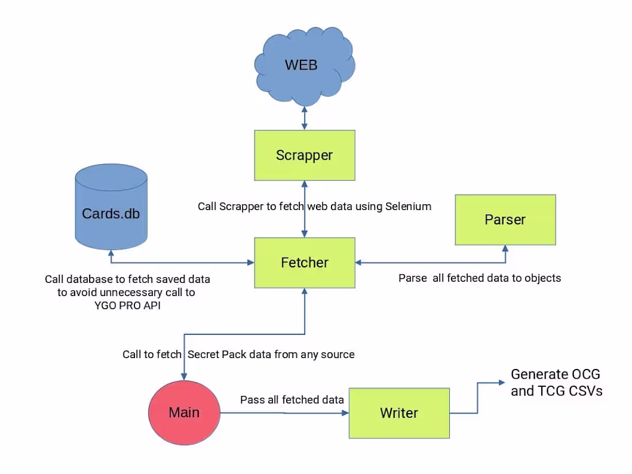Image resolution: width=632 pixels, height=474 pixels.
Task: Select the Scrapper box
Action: [305, 154]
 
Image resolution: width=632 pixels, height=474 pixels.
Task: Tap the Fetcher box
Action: [305, 262]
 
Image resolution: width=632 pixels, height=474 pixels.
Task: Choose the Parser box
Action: [505, 220]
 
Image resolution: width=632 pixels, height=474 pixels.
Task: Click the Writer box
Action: [399, 413]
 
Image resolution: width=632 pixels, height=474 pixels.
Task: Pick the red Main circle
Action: [184, 413]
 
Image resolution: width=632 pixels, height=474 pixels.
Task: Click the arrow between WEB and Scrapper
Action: [305, 118]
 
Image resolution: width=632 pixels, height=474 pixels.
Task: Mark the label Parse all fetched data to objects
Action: [480, 278]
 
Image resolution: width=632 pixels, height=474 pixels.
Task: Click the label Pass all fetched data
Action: [292, 399]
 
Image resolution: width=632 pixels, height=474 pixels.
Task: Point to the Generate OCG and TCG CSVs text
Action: [556, 383]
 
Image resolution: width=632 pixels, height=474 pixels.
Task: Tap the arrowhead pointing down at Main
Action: [184, 376]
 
